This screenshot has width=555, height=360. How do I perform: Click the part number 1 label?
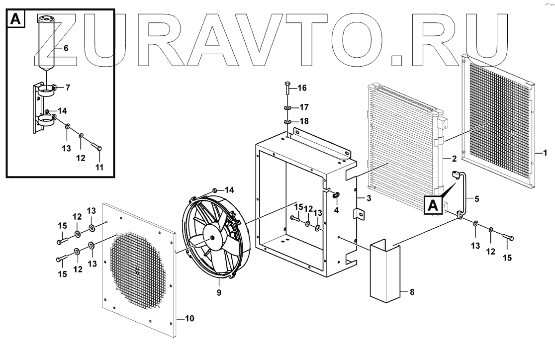click(545, 153)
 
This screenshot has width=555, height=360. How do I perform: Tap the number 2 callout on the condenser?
click(454, 159)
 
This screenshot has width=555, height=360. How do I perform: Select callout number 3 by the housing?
click(368, 199)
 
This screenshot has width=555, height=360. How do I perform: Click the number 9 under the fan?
click(219, 292)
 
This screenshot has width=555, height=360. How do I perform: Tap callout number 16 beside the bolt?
click(302, 88)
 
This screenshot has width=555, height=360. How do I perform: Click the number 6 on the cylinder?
click(66, 48)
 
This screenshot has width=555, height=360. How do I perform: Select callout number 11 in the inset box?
click(99, 167)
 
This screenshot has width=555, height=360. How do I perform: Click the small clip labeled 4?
click(337, 195)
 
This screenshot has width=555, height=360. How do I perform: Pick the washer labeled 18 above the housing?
click(288, 121)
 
